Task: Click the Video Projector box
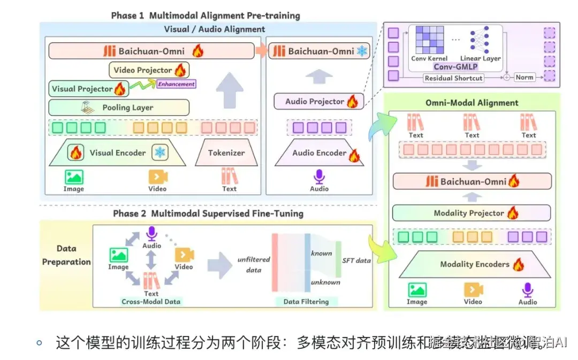tap(149, 70)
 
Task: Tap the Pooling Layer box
tap(119, 108)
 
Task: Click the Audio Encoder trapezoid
tap(320, 153)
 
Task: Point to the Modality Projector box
tap(471, 213)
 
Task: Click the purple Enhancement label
tap(176, 84)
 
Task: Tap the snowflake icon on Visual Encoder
tap(159, 153)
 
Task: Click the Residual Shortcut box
tap(453, 78)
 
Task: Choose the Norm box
tap(524, 78)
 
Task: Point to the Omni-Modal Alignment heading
tap(471, 103)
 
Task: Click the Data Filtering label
tap(306, 302)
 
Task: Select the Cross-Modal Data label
tap(151, 302)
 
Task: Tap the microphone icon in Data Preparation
tap(152, 233)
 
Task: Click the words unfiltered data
tap(254, 265)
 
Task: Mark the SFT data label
tap(356, 261)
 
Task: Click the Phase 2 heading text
tap(208, 214)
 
